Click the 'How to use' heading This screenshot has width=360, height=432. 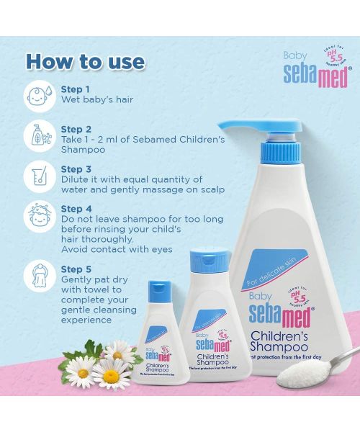[x=85, y=60]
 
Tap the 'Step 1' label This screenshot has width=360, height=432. [x=76, y=89]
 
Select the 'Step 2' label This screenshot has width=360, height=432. [x=76, y=127]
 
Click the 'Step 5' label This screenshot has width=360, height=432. [x=76, y=269]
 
